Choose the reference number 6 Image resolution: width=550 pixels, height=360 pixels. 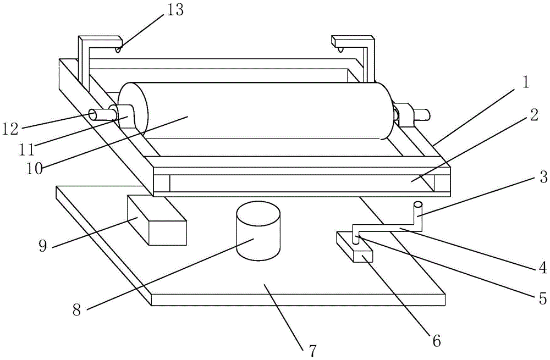click(436, 341)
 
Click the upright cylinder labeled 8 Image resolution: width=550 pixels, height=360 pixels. click(258, 231)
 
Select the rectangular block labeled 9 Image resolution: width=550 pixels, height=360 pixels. click(157, 223)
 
